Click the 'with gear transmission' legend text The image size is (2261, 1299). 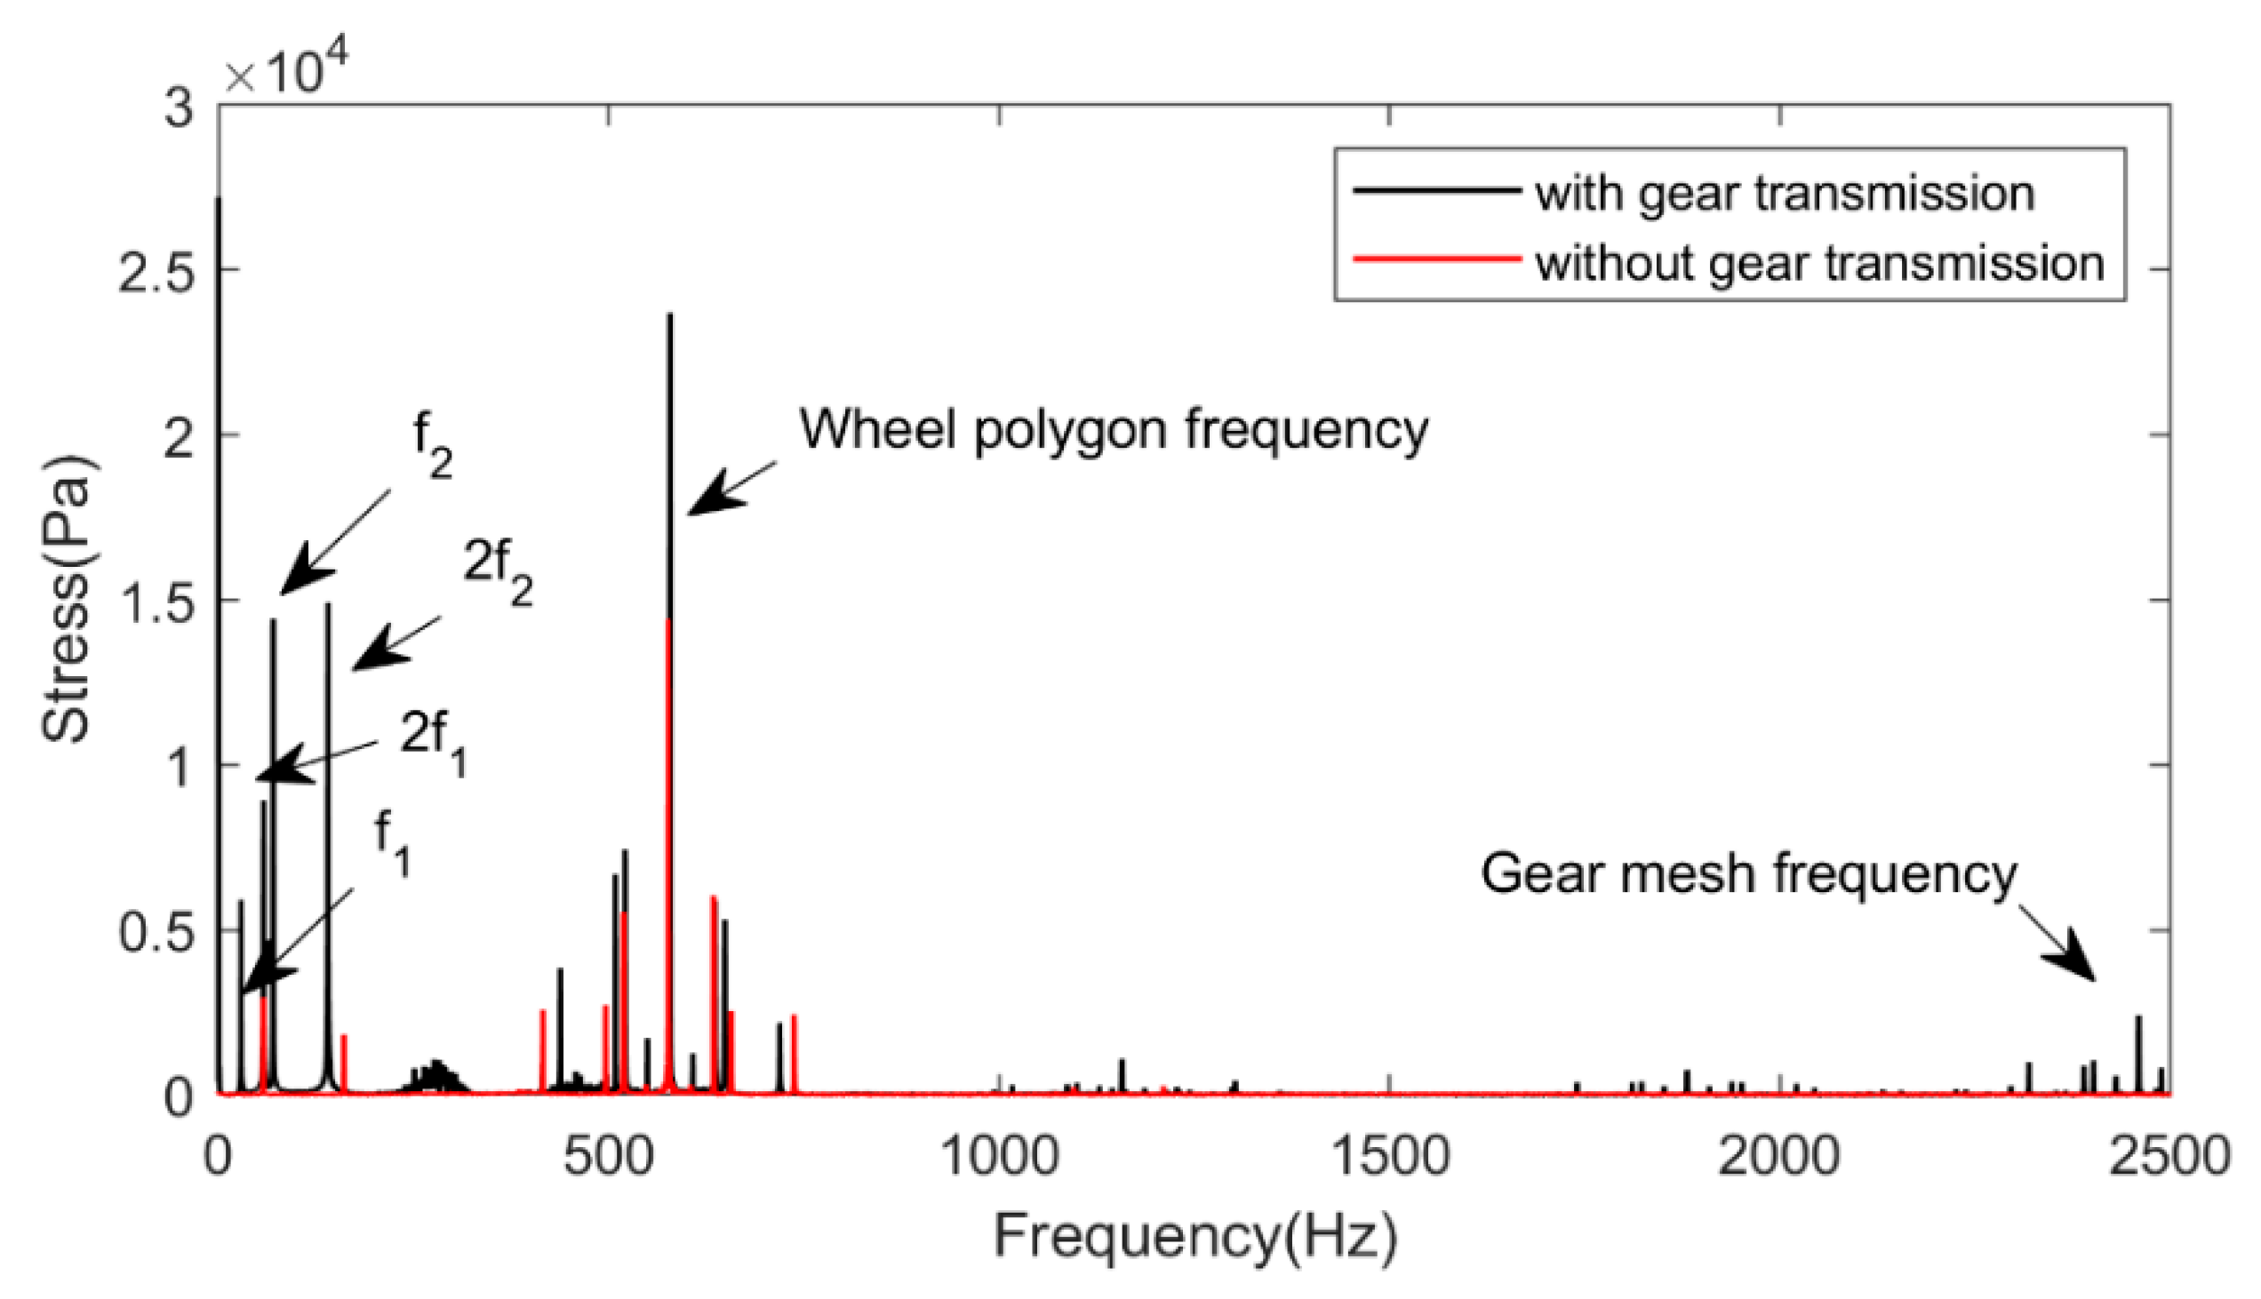(1784, 194)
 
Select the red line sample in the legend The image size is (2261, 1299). (1436, 259)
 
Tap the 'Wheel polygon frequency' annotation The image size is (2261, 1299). (1113, 430)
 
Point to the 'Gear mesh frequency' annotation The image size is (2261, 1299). (1748, 873)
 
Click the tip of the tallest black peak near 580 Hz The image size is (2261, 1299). (670, 315)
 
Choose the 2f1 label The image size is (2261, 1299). (433, 743)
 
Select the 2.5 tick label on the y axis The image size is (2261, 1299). (156, 270)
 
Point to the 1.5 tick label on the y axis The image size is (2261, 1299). (156, 601)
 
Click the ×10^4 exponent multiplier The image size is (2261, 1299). (285, 71)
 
